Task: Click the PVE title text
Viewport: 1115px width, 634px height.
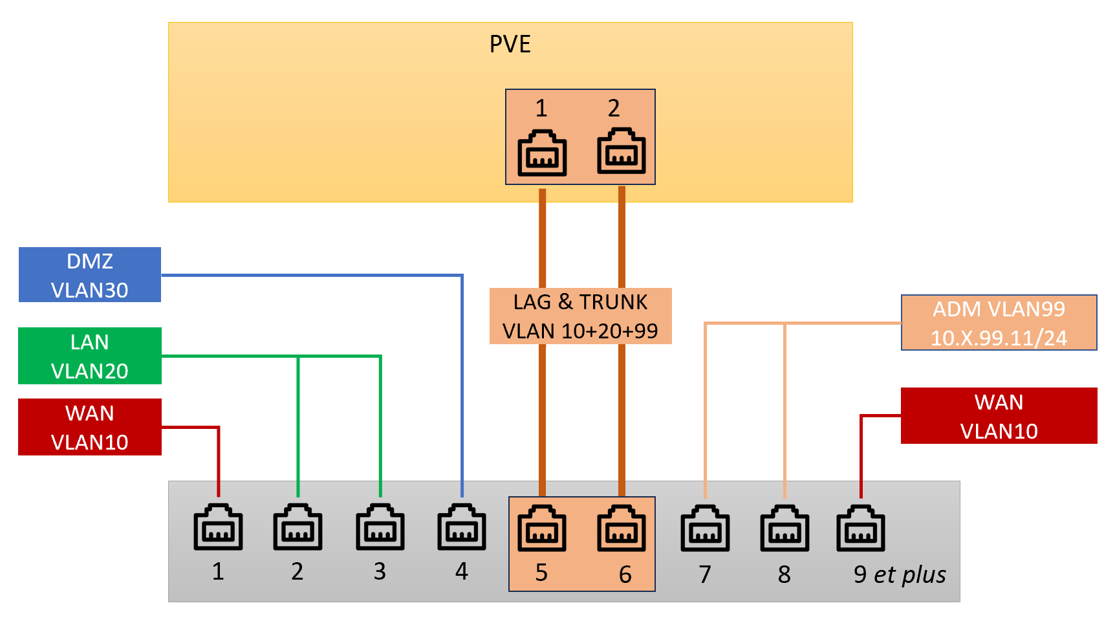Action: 510,44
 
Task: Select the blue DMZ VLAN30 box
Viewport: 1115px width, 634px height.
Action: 90,275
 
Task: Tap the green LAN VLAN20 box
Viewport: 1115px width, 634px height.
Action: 90,356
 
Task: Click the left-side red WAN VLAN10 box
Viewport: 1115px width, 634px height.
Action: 90,427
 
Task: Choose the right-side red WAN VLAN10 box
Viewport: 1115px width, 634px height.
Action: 999,416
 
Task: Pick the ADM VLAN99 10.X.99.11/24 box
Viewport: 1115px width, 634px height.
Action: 999,323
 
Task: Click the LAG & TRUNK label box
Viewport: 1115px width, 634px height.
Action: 580,316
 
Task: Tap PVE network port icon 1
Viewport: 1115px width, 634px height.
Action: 542,153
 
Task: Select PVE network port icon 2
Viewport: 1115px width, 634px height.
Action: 622,151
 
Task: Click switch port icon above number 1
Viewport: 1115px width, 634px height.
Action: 218,527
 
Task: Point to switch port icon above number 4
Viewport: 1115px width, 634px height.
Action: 462,527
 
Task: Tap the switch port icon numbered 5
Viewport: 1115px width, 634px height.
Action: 542,528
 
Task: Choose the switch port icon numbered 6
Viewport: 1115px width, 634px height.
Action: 622,528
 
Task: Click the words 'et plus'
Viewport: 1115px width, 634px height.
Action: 910,574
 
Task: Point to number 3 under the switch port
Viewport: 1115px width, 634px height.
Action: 380,571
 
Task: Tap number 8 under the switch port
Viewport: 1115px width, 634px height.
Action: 784,574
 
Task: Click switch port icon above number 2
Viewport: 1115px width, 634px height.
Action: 298,527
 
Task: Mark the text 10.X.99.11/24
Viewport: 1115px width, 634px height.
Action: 999,338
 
